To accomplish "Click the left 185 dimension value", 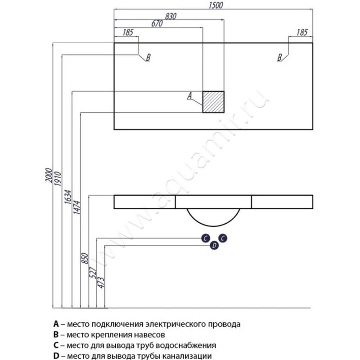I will (x=127, y=32).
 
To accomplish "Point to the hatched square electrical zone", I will (x=213, y=102).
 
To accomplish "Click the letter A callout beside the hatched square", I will (x=189, y=95).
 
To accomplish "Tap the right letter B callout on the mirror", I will (x=279, y=58).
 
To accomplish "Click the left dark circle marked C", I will (x=205, y=238).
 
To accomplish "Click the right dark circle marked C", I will (x=222, y=238).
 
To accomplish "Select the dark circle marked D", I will (x=214, y=245).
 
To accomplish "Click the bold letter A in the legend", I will (x=56, y=324).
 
